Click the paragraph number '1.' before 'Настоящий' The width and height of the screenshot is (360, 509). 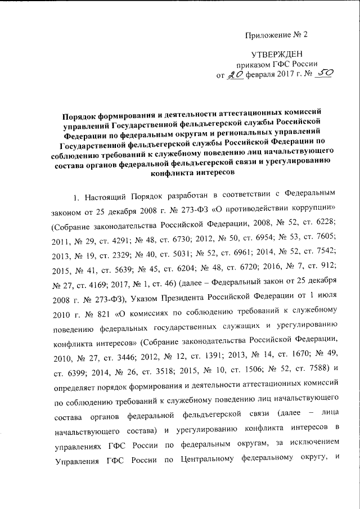point(76,198)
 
